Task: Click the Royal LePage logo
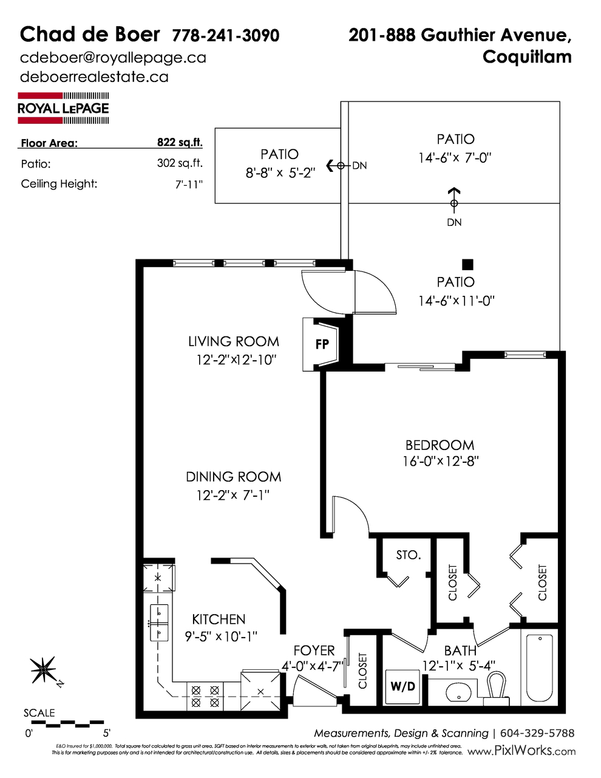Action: (x=63, y=107)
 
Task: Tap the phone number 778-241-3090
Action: (x=226, y=35)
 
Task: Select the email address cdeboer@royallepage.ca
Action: (x=113, y=58)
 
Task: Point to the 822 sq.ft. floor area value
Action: (x=179, y=143)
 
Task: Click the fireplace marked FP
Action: (x=322, y=344)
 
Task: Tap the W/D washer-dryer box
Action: (x=402, y=686)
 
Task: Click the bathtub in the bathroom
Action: (x=539, y=667)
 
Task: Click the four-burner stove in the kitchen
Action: (x=205, y=695)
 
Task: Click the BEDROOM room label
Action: (x=440, y=445)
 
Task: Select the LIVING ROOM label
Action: (x=234, y=341)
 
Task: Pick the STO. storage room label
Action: (x=408, y=555)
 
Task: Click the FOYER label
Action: (x=314, y=651)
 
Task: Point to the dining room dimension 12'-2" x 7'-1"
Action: (x=233, y=495)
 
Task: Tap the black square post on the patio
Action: (x=467, y=264)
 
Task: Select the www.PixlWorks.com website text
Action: (x=522, y=751)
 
